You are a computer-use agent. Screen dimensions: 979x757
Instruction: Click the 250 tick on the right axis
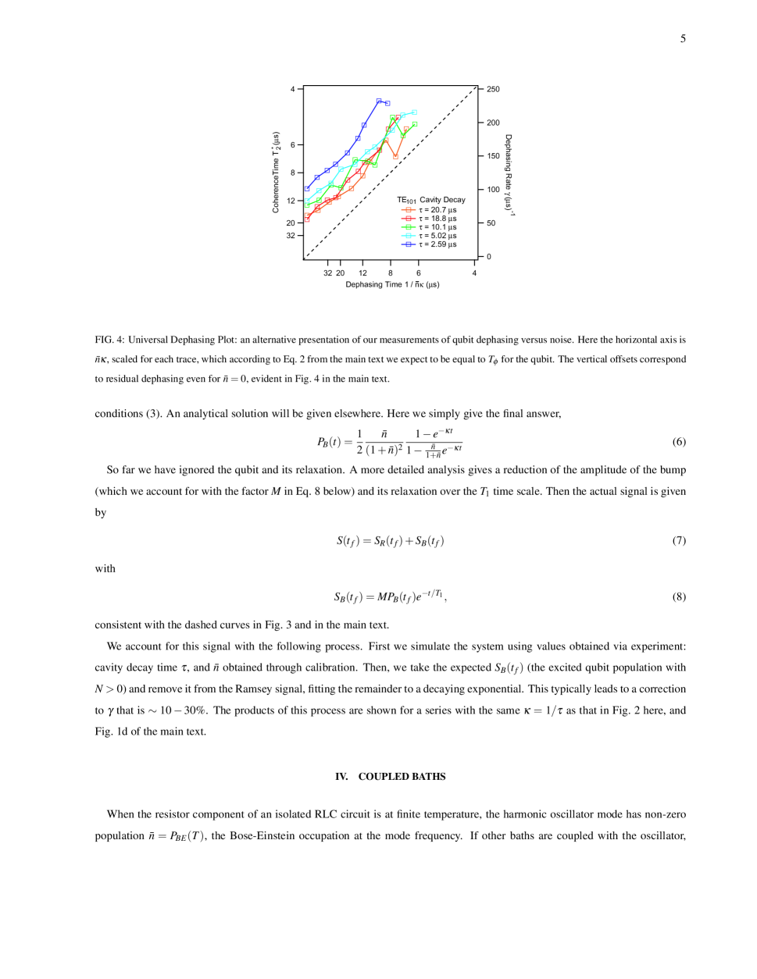(493, 89)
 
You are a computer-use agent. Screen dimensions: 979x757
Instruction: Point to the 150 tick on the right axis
(493, 156)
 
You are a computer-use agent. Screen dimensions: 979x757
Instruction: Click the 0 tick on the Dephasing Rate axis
(489, 256)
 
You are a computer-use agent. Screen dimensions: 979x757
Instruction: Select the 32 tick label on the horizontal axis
(327, 273)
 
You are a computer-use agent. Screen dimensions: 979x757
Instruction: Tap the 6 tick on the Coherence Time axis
(293, 144)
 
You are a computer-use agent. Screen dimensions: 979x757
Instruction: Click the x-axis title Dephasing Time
(392, 285)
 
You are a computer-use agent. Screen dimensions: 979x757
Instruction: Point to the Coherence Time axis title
(276, 172)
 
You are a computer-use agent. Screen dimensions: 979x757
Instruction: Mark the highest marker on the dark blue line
(379, 101)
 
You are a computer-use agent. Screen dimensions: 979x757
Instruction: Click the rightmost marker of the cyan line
(414, 112)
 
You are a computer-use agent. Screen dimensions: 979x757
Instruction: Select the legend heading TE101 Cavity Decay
(430, 200)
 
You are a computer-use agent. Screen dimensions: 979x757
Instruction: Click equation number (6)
(679, 442)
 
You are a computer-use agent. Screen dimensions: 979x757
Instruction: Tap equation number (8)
(679, 596)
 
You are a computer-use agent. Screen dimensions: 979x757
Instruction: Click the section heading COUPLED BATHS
(402, 777)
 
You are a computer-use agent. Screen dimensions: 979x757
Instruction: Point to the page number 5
(683, 38)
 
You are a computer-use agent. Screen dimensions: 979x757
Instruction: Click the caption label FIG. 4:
(109, 340)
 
